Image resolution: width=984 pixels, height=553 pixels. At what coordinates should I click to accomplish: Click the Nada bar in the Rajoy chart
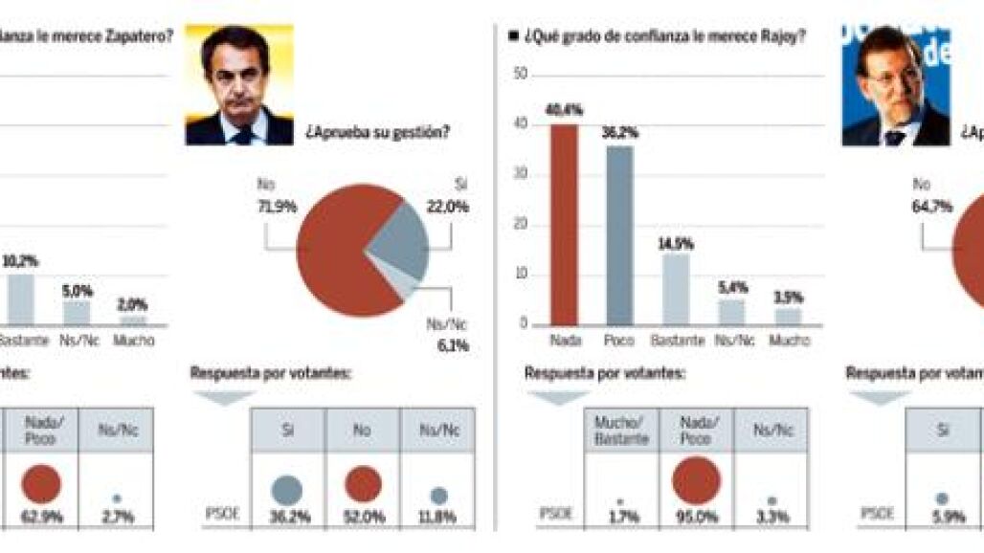tap(564, 225)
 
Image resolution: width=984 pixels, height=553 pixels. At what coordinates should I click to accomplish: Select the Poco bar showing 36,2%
tap(619, 235)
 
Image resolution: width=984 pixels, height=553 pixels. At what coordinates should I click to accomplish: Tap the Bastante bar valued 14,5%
tap(676, 289)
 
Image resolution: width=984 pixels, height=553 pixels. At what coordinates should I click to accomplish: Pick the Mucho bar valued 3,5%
tap(788, 316)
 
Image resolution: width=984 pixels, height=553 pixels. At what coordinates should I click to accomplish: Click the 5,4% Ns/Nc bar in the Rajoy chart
tap(731, 312)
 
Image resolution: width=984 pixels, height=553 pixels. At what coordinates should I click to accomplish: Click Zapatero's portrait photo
tap(239, 85)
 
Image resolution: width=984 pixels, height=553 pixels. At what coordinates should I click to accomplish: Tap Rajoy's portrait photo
tap(896, 86)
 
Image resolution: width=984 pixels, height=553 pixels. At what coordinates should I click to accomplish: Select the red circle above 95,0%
tap(695, 480)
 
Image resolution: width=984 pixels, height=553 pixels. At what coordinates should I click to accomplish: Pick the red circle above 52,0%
tap(362, 485)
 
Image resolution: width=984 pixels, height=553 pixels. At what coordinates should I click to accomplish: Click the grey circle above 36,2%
tap(286, 490)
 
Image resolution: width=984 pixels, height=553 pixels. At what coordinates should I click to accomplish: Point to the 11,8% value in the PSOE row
tap(437, 518)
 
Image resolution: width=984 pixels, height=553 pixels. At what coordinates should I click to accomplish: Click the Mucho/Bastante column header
tap(621, 431)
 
